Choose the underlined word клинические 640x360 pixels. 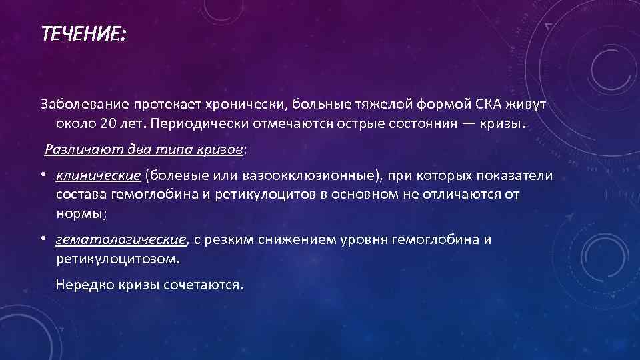pyautogui.click(x=98, y=175)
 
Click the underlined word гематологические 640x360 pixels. pyautogui.click(x=122, y=239)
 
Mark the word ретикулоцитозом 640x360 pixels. pyautogui.click(x=116, y=259)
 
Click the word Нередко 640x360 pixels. pyautogui.click(x=83, y=285)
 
